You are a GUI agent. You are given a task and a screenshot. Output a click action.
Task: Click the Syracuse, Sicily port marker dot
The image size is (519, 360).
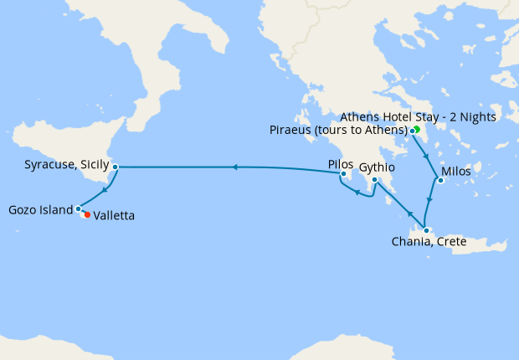pos(115,167)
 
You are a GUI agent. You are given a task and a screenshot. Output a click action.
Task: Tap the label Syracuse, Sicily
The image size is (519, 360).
pos(60,166)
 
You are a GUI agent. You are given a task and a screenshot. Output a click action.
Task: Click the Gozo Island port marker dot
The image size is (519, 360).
pos(78,208)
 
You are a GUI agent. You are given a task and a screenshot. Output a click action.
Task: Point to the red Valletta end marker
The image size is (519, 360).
pos(87,214)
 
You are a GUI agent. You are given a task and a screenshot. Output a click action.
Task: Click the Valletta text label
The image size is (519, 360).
pos(114,216)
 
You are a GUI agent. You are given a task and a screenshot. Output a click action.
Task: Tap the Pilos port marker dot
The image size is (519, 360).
pos(343,174)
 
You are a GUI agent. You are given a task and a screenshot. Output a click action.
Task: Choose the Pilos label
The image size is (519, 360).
pos(341,164)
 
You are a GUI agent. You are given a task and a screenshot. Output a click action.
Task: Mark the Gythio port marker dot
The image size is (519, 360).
pos(374,179)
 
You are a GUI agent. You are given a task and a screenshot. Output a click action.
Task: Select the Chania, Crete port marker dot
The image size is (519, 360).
pos(426,231)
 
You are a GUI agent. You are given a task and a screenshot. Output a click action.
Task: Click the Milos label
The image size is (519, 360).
pos(455,171)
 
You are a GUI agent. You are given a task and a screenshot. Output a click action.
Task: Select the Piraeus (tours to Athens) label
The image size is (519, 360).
pos(338,130)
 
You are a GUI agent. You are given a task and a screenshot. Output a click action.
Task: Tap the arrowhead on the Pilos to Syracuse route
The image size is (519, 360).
pos(234,167)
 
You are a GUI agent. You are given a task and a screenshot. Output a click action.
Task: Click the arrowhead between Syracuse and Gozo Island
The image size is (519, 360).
pos(105,190)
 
